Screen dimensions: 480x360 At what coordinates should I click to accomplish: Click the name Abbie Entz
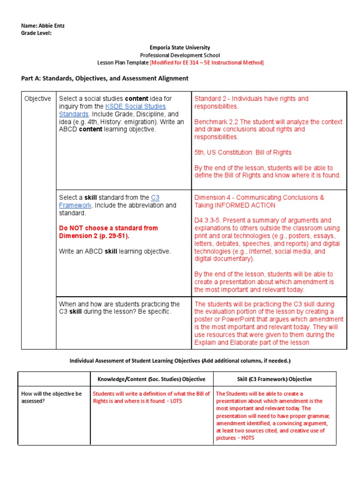tap(52, 26)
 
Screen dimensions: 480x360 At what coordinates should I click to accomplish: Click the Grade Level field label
tap(36, 33)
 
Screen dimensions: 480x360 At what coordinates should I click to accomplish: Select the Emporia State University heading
tap(180, 48)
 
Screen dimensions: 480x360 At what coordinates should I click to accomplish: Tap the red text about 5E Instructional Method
tap(207, 63)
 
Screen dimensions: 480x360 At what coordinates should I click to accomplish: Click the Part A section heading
tap(105, 78)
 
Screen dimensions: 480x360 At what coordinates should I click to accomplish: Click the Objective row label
tap(38, 99)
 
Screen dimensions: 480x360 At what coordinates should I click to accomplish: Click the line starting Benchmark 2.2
tap(268, 122)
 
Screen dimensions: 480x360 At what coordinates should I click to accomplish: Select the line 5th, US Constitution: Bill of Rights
tap(243, 152)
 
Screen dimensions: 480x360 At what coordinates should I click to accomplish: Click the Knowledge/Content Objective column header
tap(151, 379)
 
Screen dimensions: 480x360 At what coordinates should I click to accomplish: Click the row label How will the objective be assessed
tap(52, 397)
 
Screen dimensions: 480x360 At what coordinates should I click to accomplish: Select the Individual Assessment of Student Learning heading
tap(180, 361)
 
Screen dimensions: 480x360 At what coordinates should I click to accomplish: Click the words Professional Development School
tap(180, 55)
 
